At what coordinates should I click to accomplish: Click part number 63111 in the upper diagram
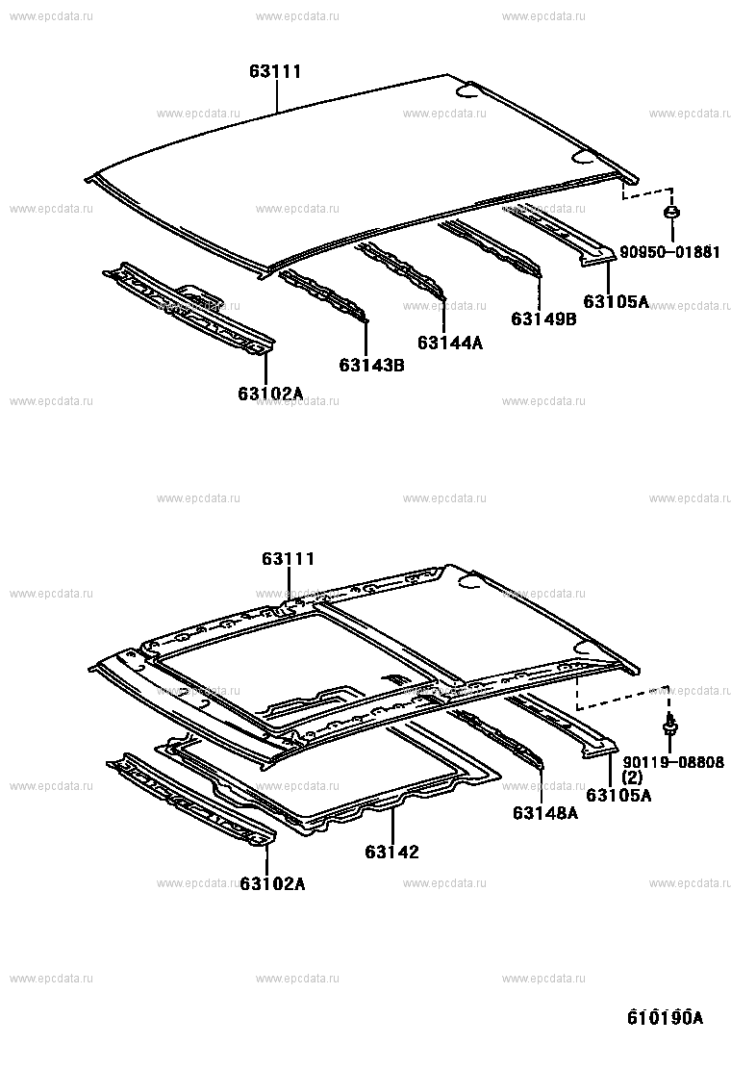click(275, 71)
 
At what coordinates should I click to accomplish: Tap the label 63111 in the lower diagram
click(289, 559)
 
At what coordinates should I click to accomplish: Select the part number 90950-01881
click(669, 252)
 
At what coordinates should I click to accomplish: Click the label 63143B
click(371, 366)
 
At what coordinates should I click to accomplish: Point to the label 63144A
click(450, 343)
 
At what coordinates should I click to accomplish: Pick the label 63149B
click(543, 318)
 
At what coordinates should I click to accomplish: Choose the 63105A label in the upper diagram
click(617, 301)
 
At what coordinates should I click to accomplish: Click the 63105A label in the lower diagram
click(618, 795)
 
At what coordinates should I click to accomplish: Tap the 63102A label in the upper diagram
click(270, 394)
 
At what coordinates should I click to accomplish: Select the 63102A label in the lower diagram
click(273, 884)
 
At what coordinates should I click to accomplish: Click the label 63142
click(392, 852)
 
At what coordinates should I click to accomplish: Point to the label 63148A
click(545, 813)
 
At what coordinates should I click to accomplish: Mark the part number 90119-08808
click(673, 762)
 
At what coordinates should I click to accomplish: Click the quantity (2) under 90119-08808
click(632, 777)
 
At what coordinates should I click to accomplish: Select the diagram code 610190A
click(665, 1017)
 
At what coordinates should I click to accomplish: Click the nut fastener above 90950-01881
click(671, 213)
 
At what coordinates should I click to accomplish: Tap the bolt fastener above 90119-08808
click(670, 724)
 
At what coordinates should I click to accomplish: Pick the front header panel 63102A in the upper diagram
click(189, 309)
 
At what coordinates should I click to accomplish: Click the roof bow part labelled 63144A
click(402, 271)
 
